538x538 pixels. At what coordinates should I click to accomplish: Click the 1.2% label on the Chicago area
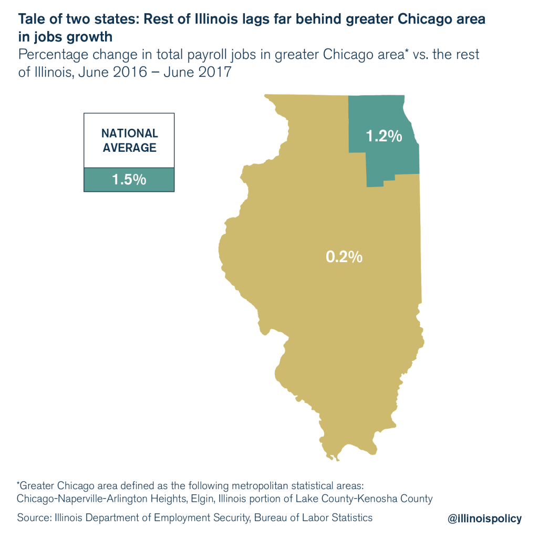coord(384,136)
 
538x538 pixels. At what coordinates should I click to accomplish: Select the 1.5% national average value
coord(129,179)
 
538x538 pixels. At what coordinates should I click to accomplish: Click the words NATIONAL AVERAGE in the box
coord(129,140)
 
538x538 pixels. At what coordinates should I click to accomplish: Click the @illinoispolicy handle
coord(484,519)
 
